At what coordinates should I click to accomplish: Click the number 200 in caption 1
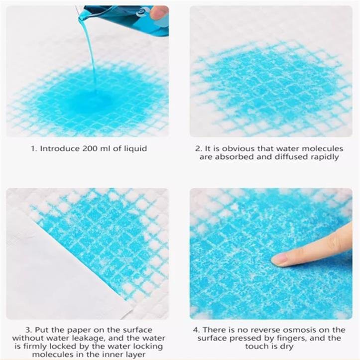click(x=90, y=148)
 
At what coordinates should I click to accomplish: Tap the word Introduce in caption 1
click(x=60, y=148)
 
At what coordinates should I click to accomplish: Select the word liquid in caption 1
click(x=135, y=149)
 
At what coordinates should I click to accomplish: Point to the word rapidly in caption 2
click(x=325, y=157)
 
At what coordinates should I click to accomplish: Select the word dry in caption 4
click(x=287, y=347)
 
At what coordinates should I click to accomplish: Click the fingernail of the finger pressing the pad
click(x=279, y=259)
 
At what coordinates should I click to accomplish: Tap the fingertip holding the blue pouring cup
click(x=159, y=12)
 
